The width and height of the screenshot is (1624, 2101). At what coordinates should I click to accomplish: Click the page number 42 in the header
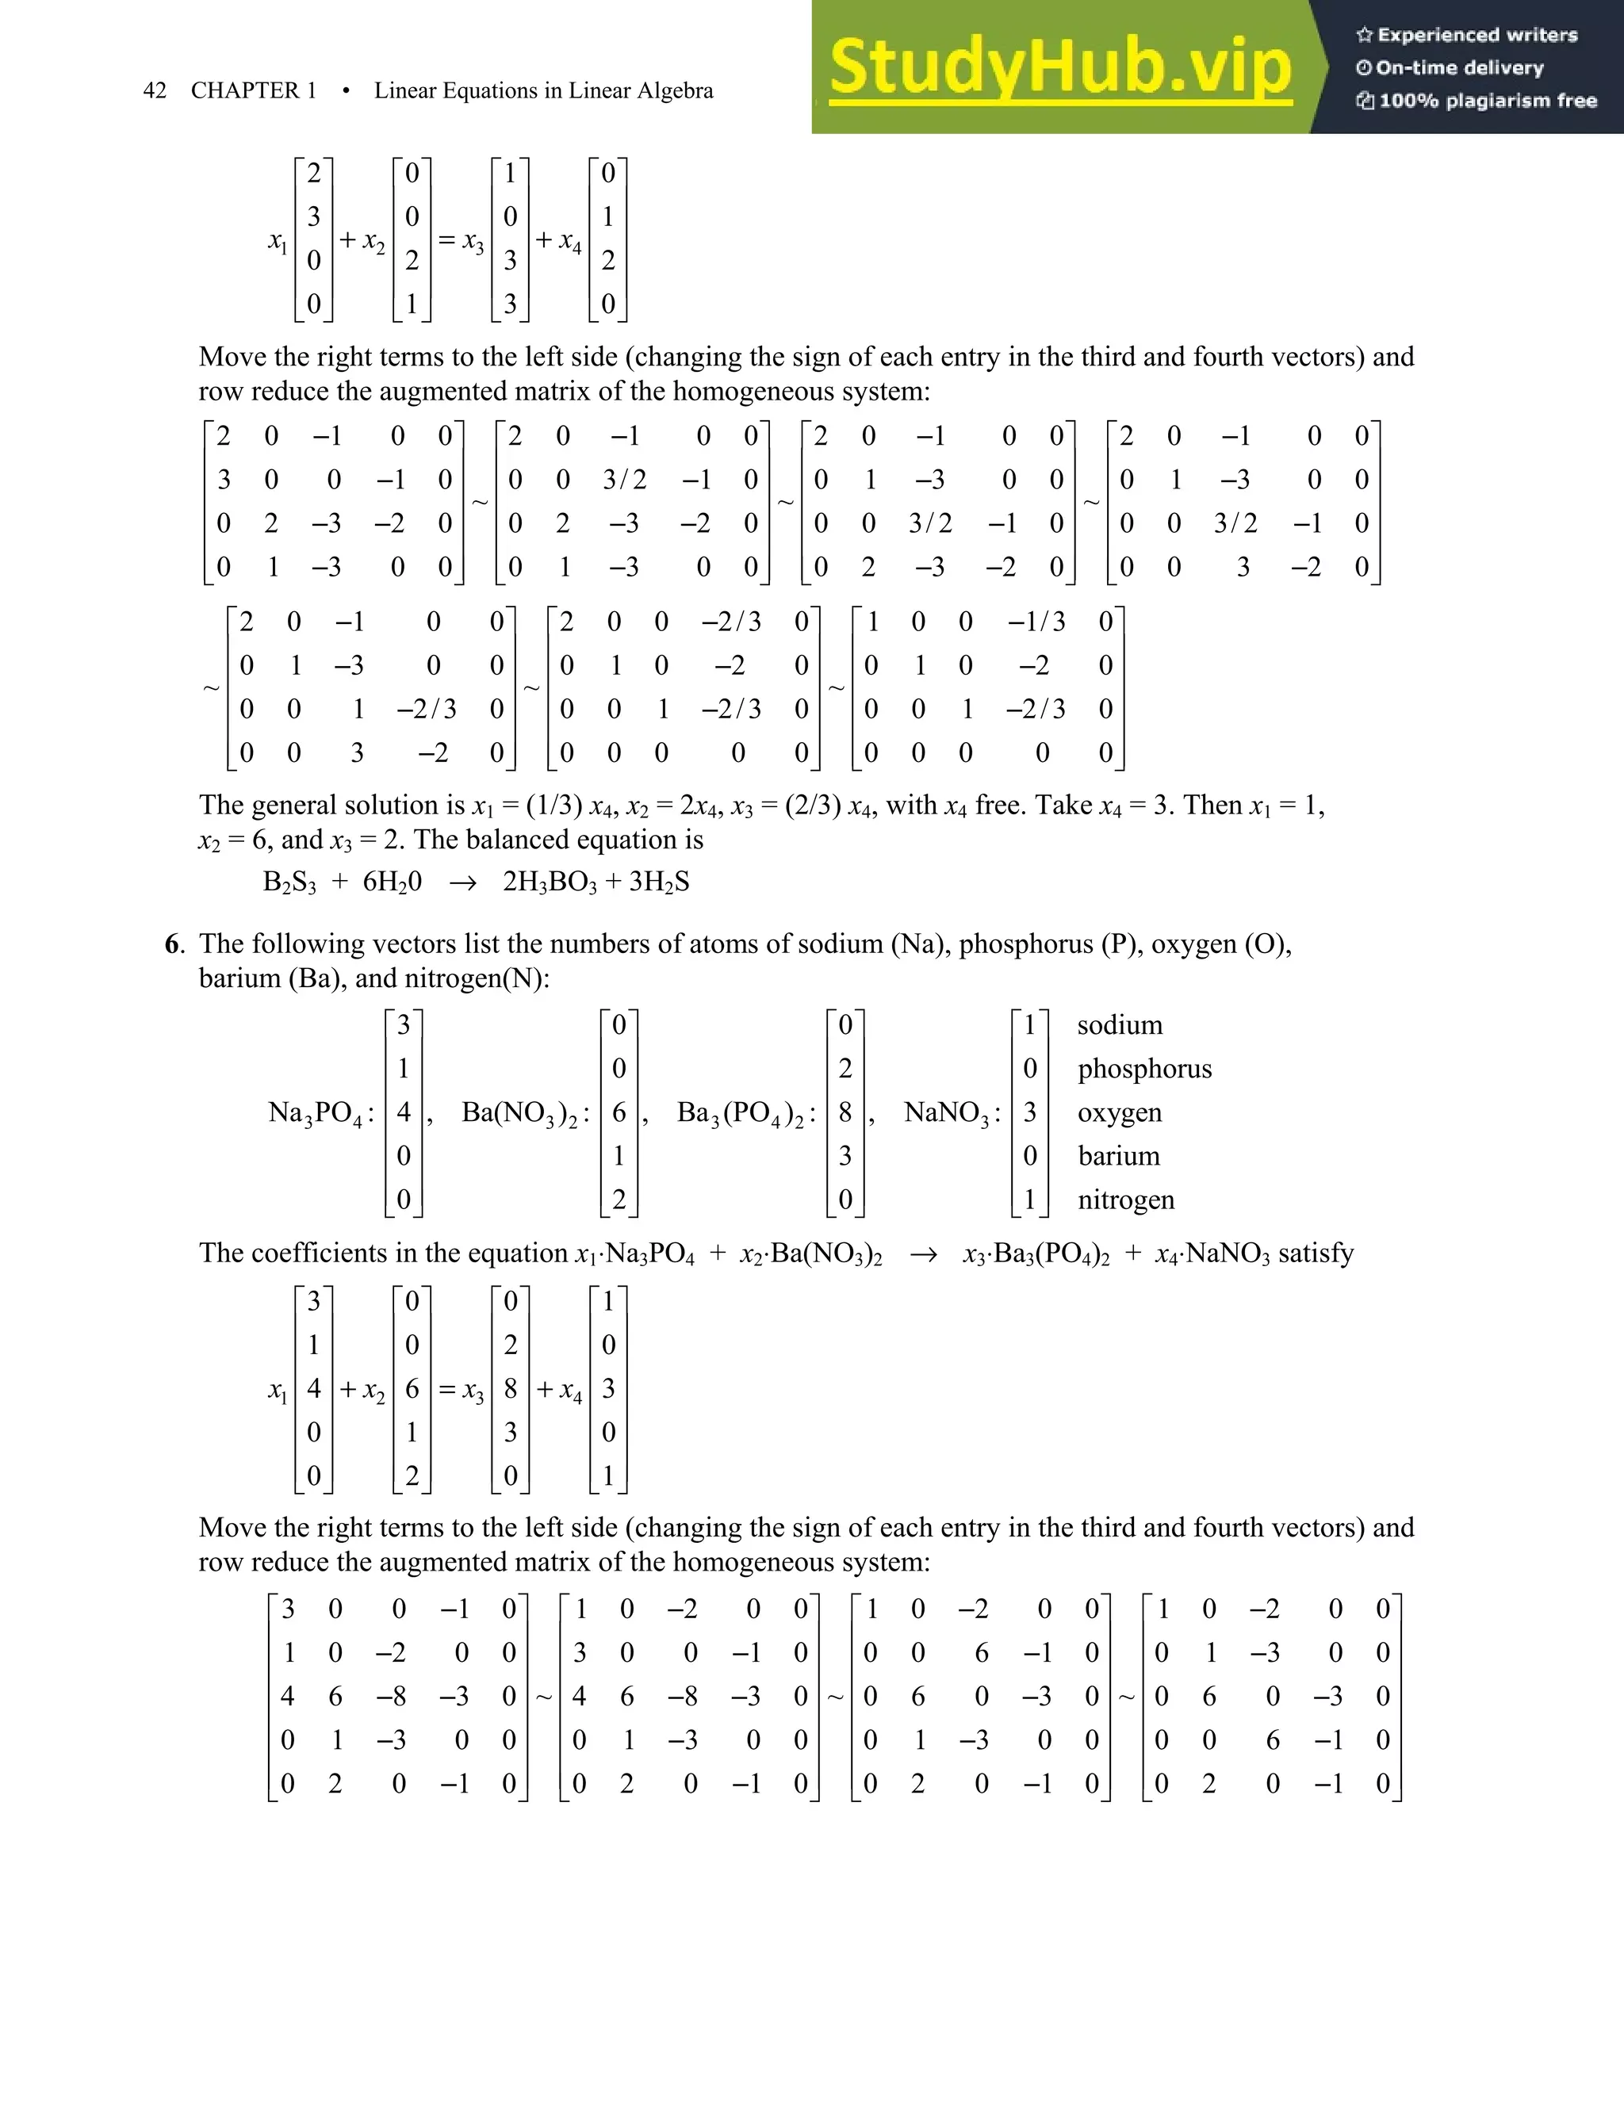point(154,90)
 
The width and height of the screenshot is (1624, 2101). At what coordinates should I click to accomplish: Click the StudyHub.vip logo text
point(1059,67)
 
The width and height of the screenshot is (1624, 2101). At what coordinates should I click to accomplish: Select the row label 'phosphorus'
point(1144,1069)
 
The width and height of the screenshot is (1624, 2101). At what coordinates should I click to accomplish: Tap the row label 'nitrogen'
point(1126,1200)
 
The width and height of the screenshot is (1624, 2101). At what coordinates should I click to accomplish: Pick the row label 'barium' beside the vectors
point(1118,1155)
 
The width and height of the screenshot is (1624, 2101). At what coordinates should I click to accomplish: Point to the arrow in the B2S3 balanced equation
point(463,883)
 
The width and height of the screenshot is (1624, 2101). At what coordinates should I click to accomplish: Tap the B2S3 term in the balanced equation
point(289,882)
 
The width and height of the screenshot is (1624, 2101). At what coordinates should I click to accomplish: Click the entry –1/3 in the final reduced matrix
point(1036,622)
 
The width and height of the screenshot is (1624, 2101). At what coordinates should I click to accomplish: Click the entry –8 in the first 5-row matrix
point(392,1696)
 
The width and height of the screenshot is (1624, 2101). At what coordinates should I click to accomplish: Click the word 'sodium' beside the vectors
point(1120,1024)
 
